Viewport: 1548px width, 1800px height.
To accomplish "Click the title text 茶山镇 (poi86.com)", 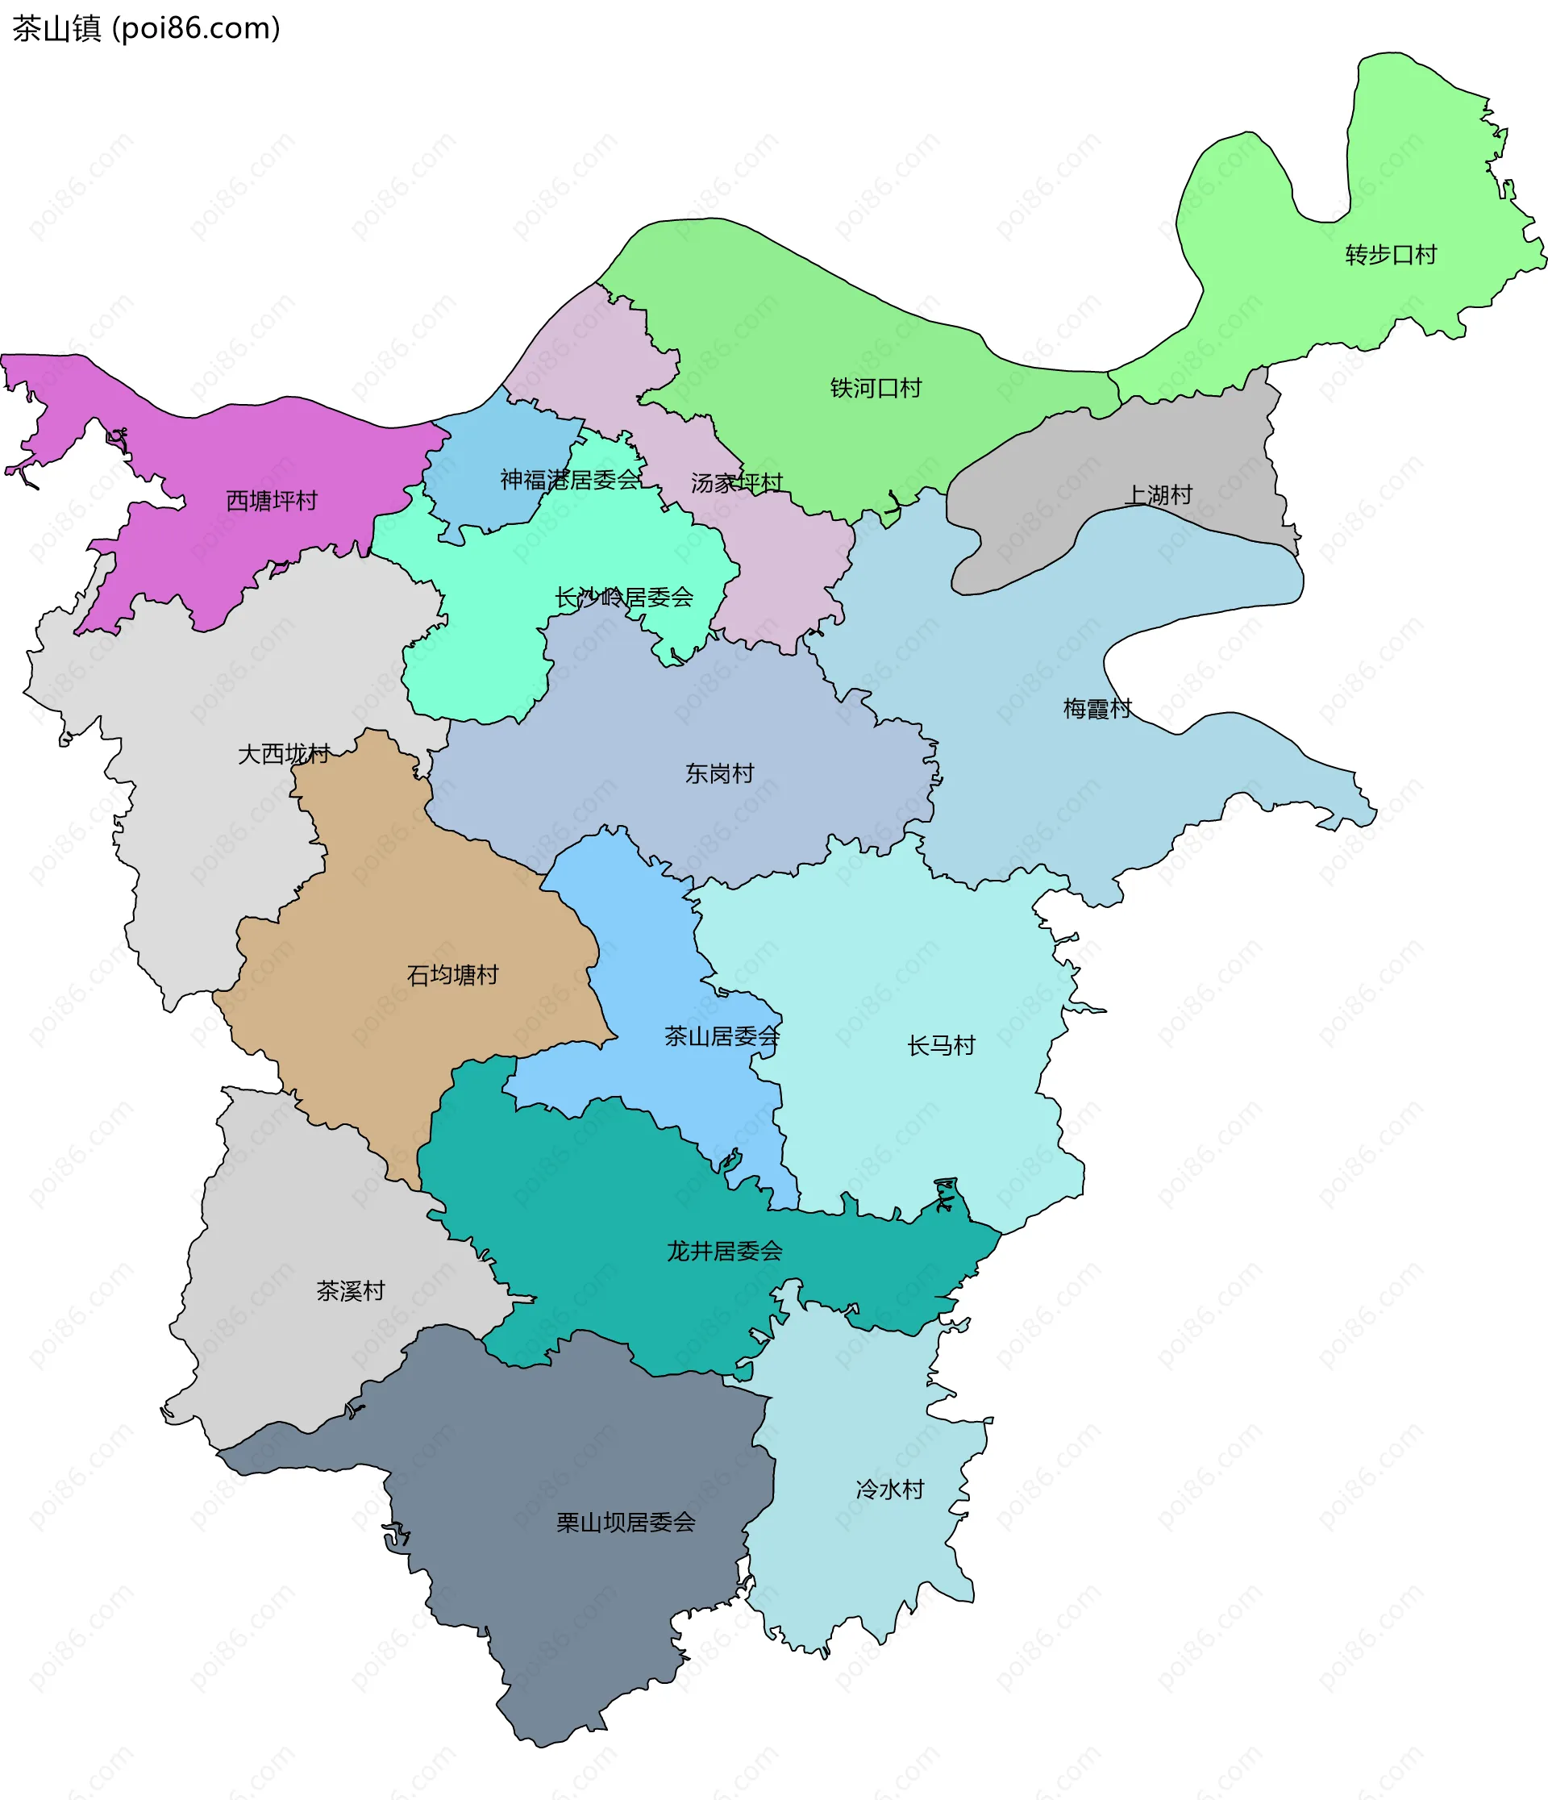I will (x=146, y=29).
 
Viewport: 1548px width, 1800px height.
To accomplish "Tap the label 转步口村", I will (x=1391, y=255).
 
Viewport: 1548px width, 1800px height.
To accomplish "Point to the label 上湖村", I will (x=1158, y=494).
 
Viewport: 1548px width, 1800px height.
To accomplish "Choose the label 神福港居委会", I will (x=570, y=480).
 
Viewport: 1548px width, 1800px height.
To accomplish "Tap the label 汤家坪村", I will (x=737, y=482).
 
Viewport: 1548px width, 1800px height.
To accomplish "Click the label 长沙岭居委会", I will (x=624, y=597).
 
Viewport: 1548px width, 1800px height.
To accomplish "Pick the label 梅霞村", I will (x=1097, y=708).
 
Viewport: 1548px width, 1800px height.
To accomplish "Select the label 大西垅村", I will (x=284, y=753).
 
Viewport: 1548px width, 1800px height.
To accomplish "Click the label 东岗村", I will (x=719, y=773).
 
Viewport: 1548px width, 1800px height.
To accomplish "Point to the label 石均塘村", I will (x=452, y=975).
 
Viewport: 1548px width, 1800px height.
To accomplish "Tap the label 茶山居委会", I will (x=722, y=1035).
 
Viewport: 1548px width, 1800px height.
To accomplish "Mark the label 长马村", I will (x=941, y=1045).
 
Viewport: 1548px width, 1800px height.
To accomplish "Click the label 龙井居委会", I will (x=725, y=1251).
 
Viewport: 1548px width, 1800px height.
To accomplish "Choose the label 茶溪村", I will (x=350, y=1291).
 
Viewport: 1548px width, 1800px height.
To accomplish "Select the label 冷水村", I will (x=889, y=1489).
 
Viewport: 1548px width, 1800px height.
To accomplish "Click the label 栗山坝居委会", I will (x=626, y=1522).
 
